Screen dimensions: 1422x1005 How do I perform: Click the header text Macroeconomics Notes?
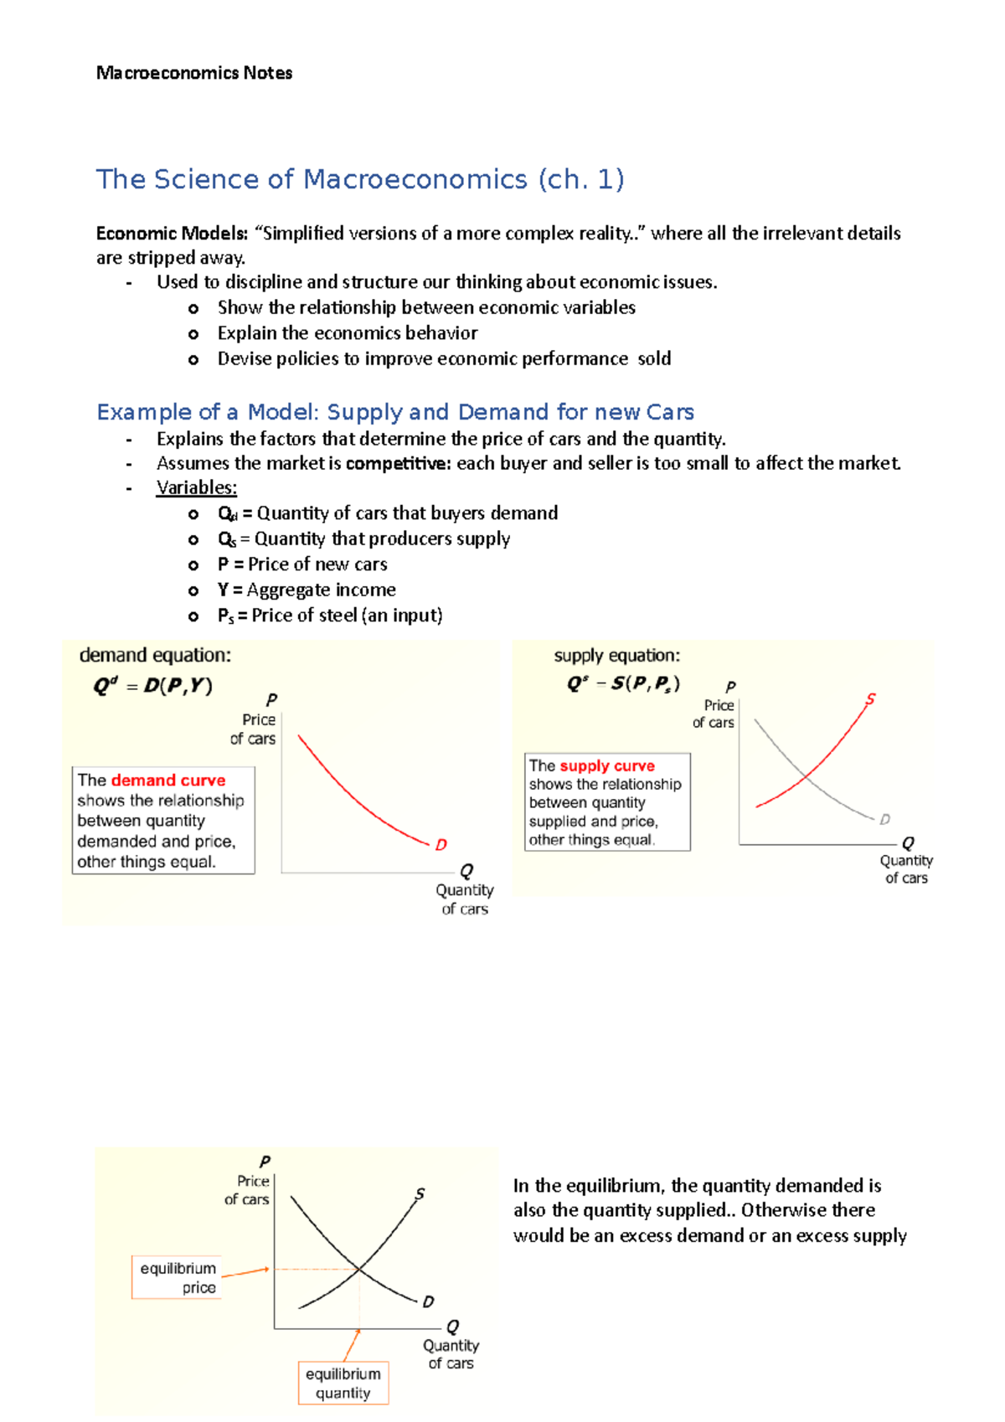(194, 73)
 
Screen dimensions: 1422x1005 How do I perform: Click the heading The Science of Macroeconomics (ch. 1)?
(360, 179)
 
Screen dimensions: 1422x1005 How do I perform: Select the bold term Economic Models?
(171, 233)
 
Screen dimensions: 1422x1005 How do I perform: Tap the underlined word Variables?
(197, 487)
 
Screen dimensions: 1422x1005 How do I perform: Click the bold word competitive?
(398, 463)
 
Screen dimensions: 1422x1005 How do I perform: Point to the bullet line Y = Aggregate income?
(307, 590)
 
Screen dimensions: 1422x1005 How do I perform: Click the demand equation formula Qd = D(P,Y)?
(152, 686)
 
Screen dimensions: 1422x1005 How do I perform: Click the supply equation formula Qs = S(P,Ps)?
(623, 683)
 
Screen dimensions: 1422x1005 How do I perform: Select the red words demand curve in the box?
(168, 781)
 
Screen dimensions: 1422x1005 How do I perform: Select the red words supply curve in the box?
(607, 765)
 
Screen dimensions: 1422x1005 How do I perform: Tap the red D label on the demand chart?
(441, 845)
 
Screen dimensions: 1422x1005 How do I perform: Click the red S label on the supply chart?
(870, 698)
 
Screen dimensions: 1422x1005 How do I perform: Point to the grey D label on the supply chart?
(884, 819)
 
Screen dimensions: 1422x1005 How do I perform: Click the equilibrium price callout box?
(178, 1277)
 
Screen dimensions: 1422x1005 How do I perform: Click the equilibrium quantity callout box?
(343, 1383)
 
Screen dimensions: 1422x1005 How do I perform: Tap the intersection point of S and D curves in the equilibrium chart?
(359, 1270)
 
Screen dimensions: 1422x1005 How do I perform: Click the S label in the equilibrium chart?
(420, 1193)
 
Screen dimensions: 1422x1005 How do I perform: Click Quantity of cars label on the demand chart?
(465, 899)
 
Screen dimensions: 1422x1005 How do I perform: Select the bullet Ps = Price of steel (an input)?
(330, 616)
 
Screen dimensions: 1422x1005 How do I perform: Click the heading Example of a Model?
(395, 412)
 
